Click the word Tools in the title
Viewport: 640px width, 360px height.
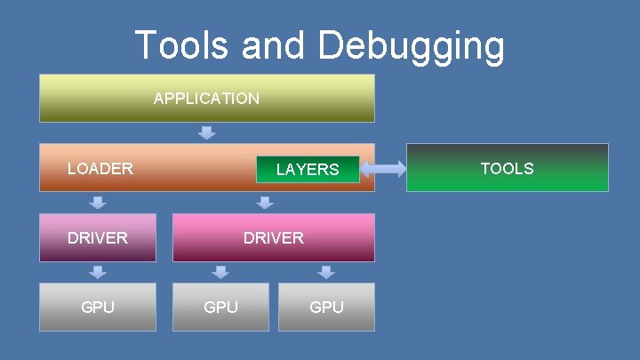(x=181, y=45)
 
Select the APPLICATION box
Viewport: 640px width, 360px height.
(x=206, y=98)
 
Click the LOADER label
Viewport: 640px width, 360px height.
(x=100, y=168)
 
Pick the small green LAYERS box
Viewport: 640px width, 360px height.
(x=308, y=169)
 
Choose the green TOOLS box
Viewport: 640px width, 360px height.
(x=507, y=168)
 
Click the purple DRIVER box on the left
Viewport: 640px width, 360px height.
(x=98, y=237)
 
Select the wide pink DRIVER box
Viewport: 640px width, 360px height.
(x=274, y=237)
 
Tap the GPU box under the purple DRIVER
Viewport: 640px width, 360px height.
(x=98, y=307)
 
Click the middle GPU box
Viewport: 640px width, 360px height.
(x=220, y=307)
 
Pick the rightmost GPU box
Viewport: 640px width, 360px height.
(x=326, y=307)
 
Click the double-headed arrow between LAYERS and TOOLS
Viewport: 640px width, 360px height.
(x=383, y=168)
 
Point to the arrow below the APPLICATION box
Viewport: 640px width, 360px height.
(x=206, y=133)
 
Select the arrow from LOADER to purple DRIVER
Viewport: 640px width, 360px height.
(x=98, y=203)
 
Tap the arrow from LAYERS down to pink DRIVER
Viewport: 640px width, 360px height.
(x=265, y=203)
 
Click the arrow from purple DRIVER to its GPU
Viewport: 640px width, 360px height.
(x=98, y=272)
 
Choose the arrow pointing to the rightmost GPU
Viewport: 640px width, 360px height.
(x=326, y=272)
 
